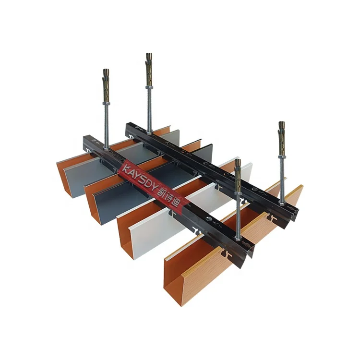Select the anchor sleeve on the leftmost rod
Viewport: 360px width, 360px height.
(107, 85)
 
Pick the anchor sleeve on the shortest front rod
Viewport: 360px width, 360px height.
(238, 176)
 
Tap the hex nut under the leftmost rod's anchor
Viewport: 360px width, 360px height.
(106, 104)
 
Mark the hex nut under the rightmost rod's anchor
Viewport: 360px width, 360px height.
(282, 157)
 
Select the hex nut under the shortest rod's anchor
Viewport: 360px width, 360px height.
(238, 194)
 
